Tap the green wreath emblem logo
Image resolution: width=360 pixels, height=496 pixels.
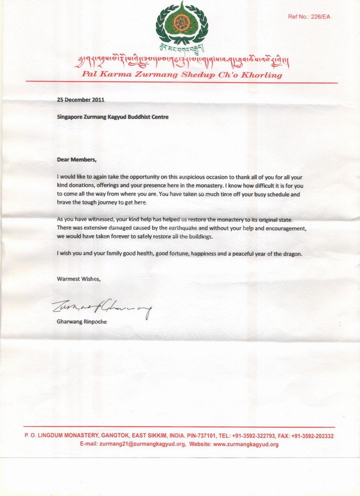point(181,25)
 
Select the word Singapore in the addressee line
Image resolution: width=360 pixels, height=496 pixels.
point(70,117)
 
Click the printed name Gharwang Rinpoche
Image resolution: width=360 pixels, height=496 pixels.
point(81,322)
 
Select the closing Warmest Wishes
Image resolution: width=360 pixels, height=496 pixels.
point(78,279)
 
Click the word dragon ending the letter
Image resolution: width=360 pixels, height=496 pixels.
point(291,254)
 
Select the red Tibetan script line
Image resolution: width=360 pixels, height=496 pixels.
point(181,62)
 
